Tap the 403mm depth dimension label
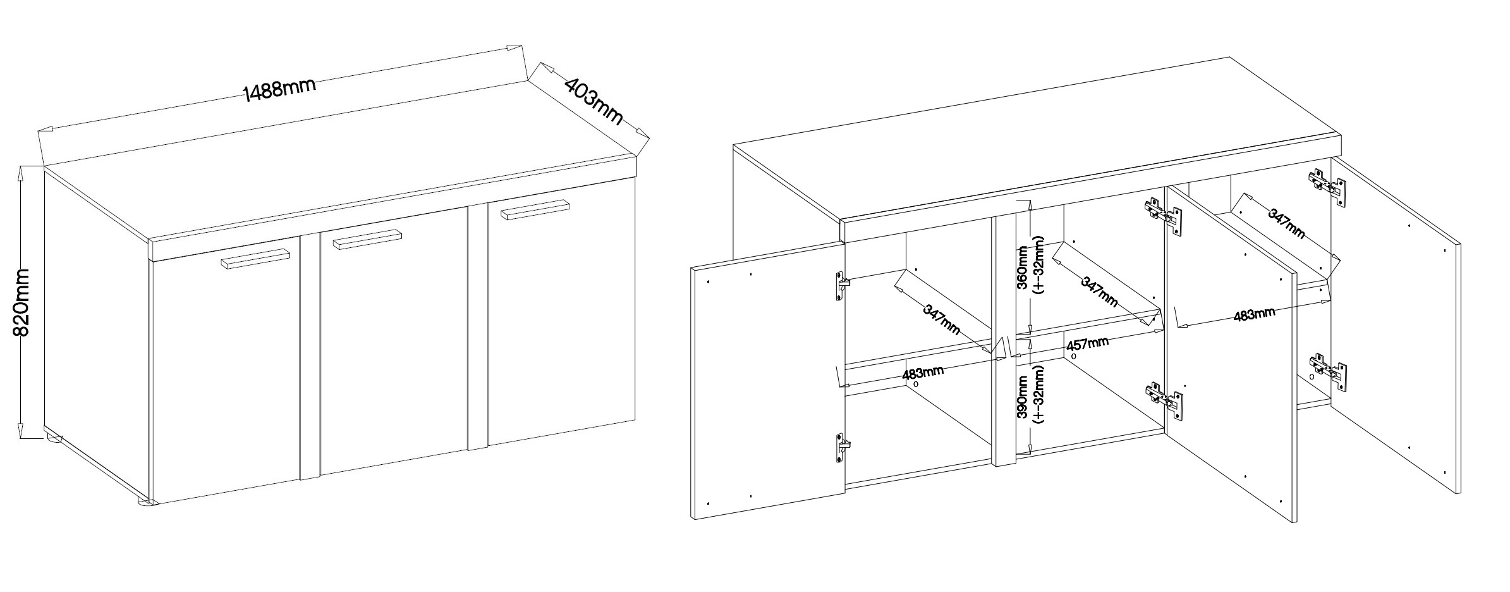coord(593,101)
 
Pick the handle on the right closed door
coord(535,209)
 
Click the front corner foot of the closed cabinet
coord(145,503)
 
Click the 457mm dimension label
coord(1088,344)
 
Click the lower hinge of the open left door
coord(842,448)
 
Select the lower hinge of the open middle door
coord(1164,400)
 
